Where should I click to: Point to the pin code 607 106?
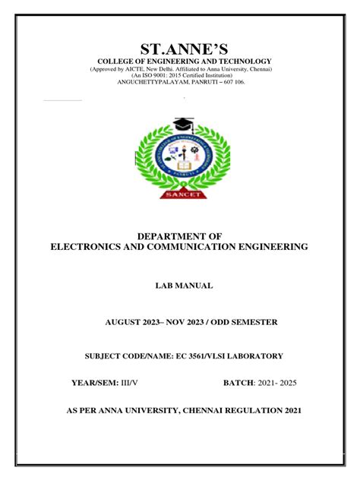tap(232, 83)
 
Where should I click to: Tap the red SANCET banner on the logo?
tap(180, 195)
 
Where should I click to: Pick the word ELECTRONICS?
tap(84, 248)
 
